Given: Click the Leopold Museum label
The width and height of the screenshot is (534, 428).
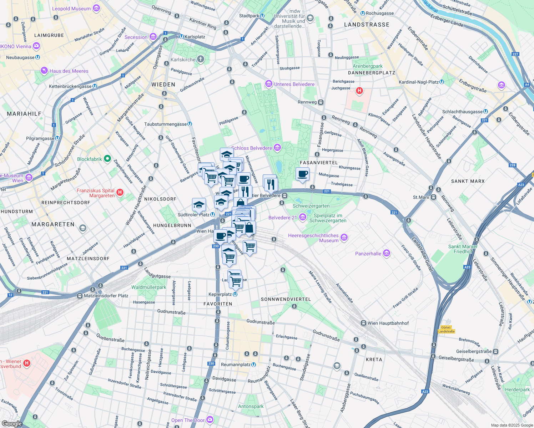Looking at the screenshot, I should [71, 9].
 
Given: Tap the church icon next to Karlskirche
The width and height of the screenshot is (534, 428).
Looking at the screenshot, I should [201, 59].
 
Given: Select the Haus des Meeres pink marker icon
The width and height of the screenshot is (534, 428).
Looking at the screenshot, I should [44, 71].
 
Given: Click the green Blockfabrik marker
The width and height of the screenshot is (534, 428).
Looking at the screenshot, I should [107, 159].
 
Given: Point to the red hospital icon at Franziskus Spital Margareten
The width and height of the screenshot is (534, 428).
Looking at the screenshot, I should [120, 193].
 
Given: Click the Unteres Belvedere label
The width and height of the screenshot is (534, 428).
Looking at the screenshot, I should [294, 84].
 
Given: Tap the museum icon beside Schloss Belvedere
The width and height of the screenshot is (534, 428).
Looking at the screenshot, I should [277, 148].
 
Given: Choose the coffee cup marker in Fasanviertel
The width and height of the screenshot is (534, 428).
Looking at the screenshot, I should [302, 174].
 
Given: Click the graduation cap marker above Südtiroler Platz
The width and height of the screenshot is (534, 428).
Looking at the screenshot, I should [199, 205].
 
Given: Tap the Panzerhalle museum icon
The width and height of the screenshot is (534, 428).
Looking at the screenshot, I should [386, 254].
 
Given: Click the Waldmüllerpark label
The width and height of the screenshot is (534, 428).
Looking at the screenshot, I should [149, 287].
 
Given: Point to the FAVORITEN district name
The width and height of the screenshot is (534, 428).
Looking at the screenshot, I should [218, 304].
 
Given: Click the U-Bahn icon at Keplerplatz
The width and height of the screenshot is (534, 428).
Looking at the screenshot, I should [235, 294].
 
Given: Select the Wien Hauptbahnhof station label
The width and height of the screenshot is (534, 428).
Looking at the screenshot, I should [388, 323].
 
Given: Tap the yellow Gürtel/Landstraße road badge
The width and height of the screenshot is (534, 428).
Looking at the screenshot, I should [446, 329].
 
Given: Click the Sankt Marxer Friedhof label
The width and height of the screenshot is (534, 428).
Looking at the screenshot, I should [463, 249].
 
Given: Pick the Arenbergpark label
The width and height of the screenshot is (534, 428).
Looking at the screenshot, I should [367, 66].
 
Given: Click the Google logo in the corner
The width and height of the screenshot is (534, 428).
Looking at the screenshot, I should [12, 423].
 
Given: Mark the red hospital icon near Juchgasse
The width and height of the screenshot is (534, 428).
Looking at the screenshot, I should [359, 91].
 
